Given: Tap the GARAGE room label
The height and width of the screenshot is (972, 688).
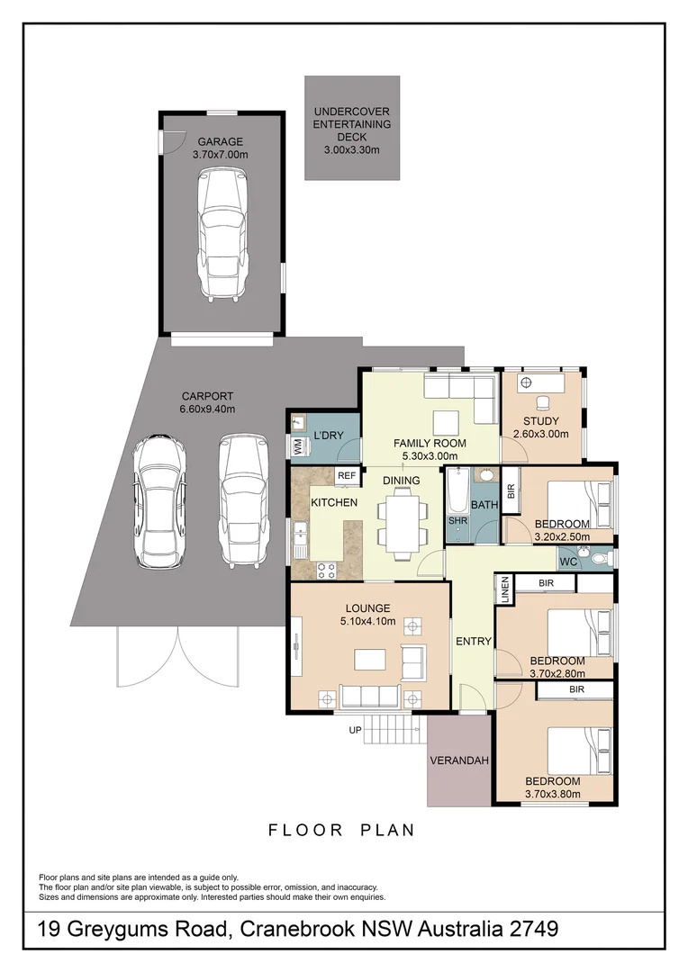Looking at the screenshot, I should coord(218,141).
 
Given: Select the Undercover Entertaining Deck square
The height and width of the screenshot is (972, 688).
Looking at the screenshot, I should coord(351,128).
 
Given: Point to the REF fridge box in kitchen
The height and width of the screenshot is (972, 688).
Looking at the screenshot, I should coord(347,475).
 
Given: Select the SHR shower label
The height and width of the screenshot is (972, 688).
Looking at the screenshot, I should coord(457,521).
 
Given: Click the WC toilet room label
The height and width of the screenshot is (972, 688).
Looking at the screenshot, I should coord(567,562).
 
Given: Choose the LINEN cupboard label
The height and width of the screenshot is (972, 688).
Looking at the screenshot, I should coord(505,590).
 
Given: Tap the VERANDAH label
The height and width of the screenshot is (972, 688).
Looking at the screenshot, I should coord(458,760).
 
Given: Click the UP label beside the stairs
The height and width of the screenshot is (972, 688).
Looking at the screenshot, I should coord(355,730).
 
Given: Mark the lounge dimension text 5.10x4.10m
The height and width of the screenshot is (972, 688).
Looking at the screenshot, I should coord(368,621).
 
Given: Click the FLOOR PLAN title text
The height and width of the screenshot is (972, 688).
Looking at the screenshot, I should coord(341,830).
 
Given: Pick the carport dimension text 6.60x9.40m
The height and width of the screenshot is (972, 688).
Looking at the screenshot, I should coord(207,408).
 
